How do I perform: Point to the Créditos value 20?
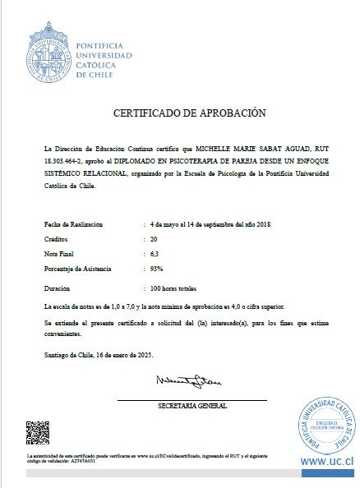tap(154, 238)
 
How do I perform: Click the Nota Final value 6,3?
tap(155, 253)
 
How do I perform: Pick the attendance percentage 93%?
tap(156, 269)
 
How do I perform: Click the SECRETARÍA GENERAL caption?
tap(192, 406)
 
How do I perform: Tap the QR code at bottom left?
tap(38, 432)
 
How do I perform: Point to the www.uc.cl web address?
tap(326, 462)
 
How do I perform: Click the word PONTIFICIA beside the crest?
tap(99, 44)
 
